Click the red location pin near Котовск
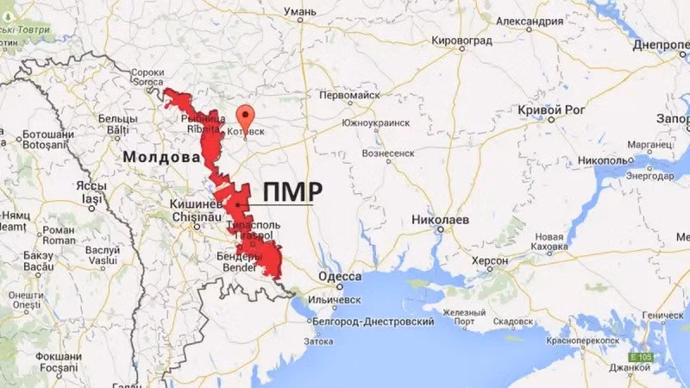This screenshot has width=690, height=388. [x=246, y=117]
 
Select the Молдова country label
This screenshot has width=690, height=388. [x=160, y=158]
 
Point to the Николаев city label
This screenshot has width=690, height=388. [x=441, y=220]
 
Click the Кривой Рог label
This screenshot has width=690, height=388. [x=552, y=110]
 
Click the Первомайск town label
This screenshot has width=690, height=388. [x=350, y=95]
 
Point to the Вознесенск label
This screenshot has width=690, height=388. [x=388, y=153]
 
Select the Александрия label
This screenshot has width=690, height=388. [x=537, y=20]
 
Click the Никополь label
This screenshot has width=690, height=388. [x=603, y=160]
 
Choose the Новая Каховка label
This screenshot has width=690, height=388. [x=549, y=242]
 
